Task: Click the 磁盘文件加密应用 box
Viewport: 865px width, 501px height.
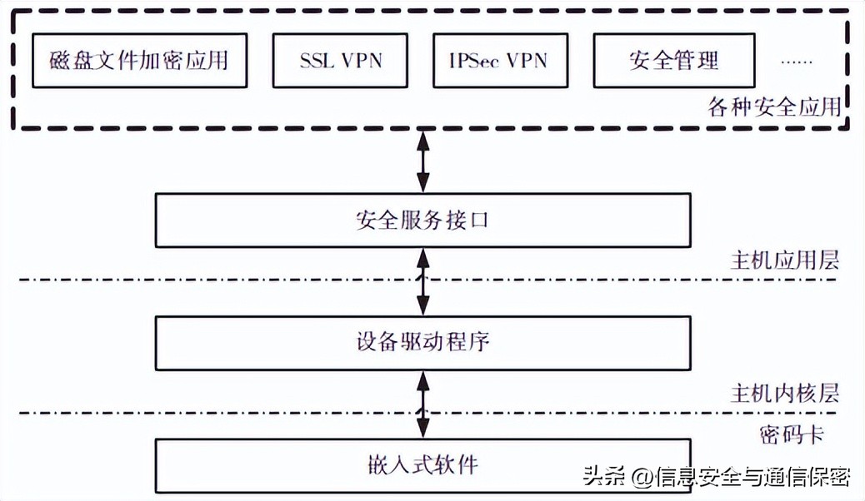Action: (x=139, y=60)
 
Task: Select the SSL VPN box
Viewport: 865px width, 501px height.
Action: (x=341, y=60)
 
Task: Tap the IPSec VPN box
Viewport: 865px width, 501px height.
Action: (x=497, y=60)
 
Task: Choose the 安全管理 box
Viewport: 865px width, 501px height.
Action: (x=673, y=60)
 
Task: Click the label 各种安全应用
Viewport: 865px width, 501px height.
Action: (x=774, y=108)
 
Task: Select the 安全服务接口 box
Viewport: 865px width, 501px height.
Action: (x=422, y=221)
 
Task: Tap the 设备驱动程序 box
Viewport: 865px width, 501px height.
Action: (x=422, y=341)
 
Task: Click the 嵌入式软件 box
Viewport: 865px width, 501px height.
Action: (x=422, y=462)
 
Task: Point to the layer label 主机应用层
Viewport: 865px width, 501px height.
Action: (x=784, y=260)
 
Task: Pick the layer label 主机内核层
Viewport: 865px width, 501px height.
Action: (x=784, y=393)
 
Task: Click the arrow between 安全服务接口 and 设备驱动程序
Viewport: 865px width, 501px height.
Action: (x=423, y=282)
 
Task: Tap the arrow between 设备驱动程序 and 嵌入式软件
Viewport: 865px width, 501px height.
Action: (x=423, y=404)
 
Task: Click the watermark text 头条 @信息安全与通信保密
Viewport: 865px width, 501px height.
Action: (x=716, y=477)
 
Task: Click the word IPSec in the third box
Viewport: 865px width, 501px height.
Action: (x=474, y=60)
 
